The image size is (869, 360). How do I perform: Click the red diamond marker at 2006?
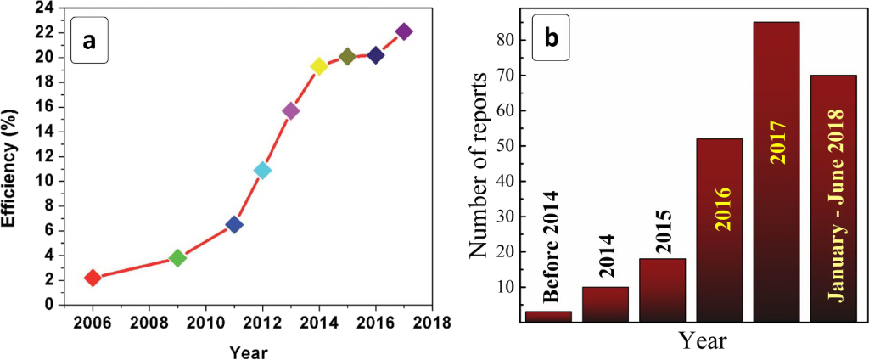pyautogui.click(x=93, y=278)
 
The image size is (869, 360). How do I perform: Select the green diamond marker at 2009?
pyautogui.click(x=177, y=257)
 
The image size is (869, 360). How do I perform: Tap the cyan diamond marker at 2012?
pyautogui.click(x=262, y=170)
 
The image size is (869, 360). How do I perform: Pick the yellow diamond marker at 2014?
pyautogui.click(x=319, y=66)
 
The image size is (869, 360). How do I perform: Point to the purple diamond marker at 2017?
pyautogui.click(x=404, y=31)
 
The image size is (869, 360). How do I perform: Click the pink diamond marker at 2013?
pyautogui.click(x=291, y=110)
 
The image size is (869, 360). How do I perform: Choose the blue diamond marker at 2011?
pyautogui.click(x=234, y=224)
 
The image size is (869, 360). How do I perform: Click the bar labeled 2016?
pyautogui.click(x=720, y=230)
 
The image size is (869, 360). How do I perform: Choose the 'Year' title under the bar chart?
pyautogui.click(x=702, y=341)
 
